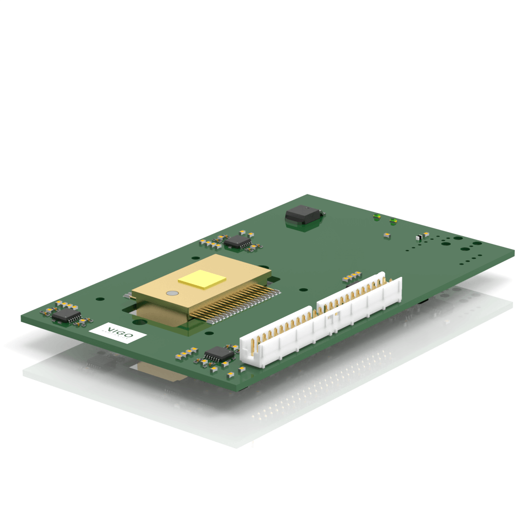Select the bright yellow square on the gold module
coord(202,278)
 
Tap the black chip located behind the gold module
coord(238,241)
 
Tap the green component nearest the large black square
coord(377,217)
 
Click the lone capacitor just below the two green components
coord(386,235)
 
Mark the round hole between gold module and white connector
coord(305,290)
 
